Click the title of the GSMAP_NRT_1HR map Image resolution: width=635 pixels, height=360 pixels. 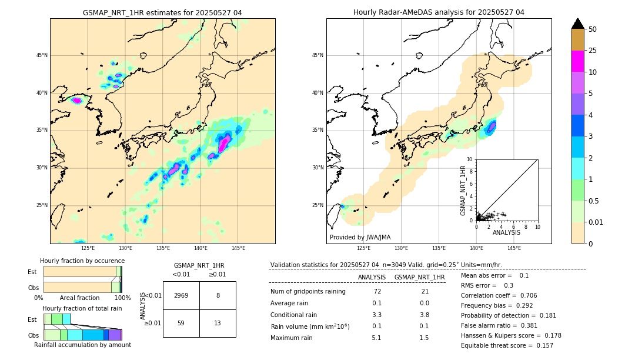(162, 12)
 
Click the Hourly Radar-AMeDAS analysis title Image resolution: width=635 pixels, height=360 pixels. (439, 12)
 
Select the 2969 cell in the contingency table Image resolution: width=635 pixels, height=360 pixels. (181, 296)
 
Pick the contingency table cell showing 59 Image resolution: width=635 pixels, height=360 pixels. (181, 323)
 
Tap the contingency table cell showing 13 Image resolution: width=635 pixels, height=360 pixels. (218, 323)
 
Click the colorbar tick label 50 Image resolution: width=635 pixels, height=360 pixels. (593, 29)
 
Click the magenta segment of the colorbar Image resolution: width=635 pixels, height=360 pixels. (577, 61)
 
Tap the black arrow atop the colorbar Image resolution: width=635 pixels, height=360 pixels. (577, 24)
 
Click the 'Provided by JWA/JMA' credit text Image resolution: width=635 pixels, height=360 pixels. (360, 238)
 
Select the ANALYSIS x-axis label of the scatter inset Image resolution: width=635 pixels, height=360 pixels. (506, 233)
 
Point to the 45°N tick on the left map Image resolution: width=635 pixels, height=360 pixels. (42, 55)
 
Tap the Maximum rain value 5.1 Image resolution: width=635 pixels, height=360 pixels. (376, 338)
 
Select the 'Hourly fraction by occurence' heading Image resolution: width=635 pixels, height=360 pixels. (82, 261)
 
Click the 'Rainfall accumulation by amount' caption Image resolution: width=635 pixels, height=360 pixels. (82, 345)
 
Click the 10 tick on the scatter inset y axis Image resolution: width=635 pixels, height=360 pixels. (470, 159)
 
